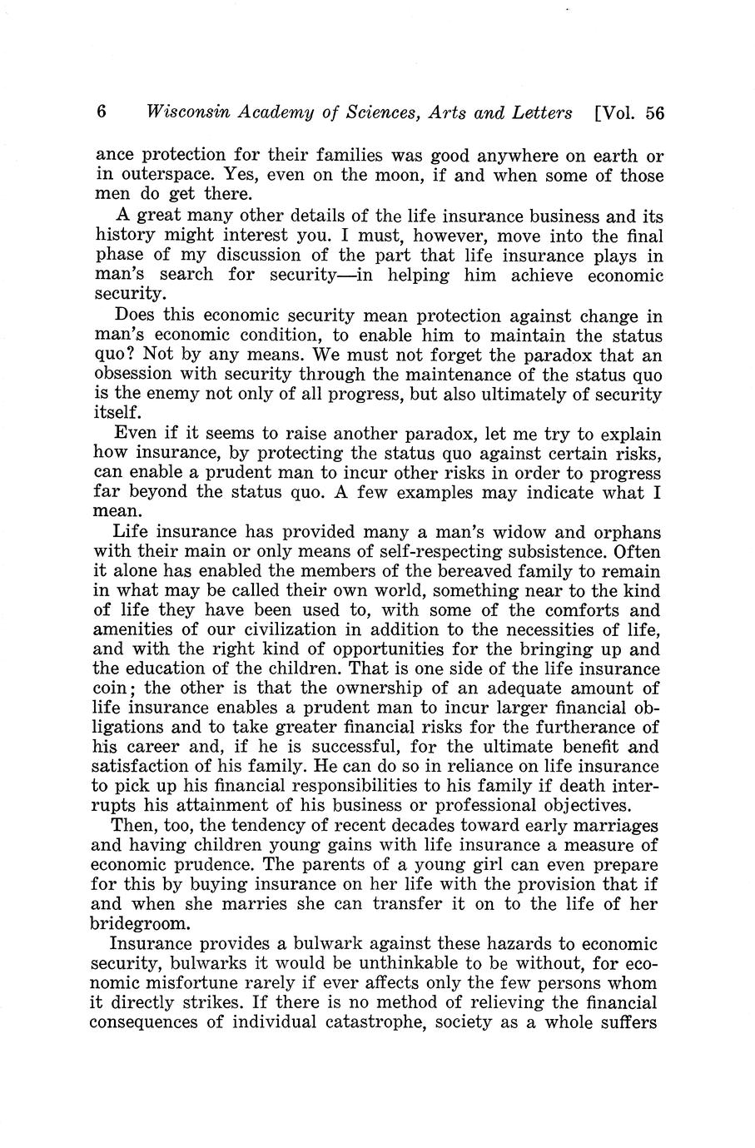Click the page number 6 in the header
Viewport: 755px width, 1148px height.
pyautogui.click(x=102, y=112)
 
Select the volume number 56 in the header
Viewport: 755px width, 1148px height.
pyautogui.click(x=654, y=114)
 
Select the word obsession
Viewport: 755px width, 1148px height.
pyautogui.click(x=132, y=375)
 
